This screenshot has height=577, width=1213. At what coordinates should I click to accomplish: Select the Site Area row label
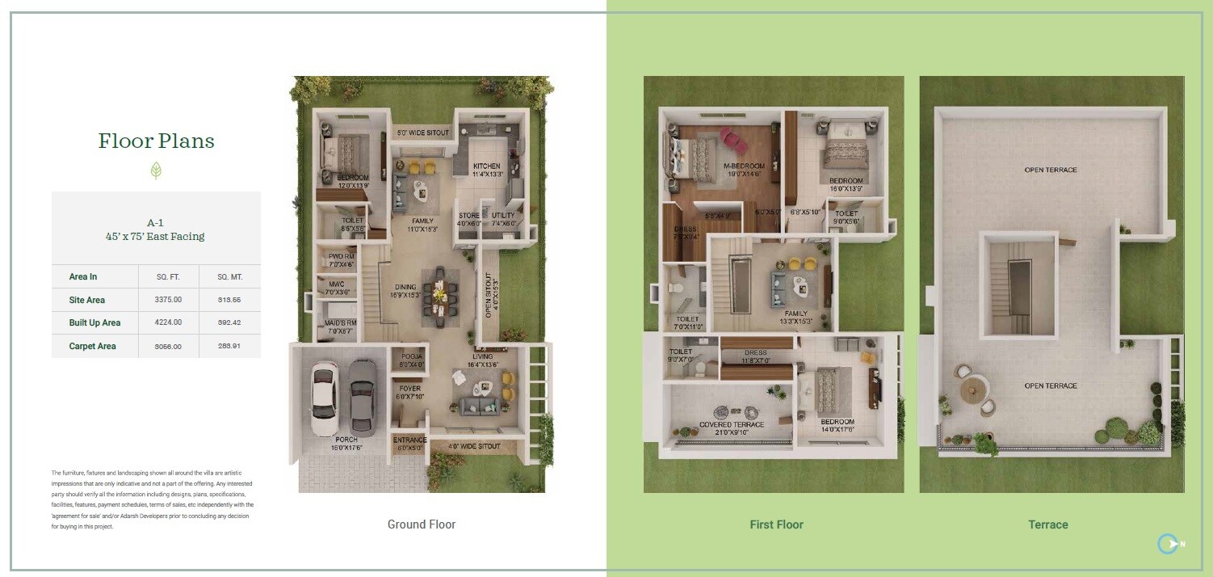click(87, 300)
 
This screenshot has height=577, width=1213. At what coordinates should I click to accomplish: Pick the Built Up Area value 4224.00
click(168, 322)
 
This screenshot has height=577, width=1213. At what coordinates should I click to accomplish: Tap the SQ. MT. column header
click(229, 276)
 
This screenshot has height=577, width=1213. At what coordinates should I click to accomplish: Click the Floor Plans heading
click(157, 141)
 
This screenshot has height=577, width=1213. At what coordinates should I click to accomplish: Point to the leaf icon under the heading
click(157, 170)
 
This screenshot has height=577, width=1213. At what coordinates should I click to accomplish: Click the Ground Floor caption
click(422, 524)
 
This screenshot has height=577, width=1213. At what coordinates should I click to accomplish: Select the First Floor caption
click(776, 524)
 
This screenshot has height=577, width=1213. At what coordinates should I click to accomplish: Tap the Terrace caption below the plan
click(1048, 524)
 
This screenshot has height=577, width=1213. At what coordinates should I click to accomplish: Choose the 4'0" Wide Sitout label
click(474, 446)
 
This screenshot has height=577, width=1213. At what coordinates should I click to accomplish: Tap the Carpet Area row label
click(92, 346)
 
